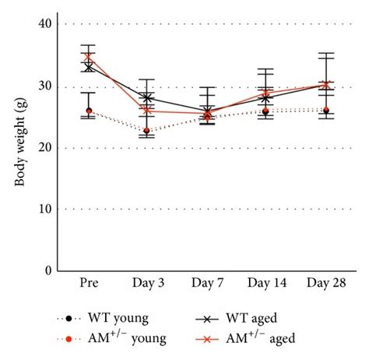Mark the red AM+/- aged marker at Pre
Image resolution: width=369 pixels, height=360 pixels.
click(x=89, y=57)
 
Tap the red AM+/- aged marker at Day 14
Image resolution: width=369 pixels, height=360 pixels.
click(x=265, y=93)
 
